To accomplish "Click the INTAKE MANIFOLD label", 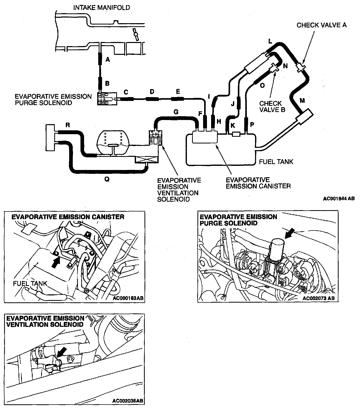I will pyautogui.click(x=102, y=7).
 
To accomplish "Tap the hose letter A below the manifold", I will pyautogui.click(x=108, y=60).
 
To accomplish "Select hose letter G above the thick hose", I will pyautogui.click(x=176, y=112).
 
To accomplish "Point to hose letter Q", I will pyautogui.click(x=107, y=180).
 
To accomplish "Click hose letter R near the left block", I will pyautogui.click(x=68, y=125).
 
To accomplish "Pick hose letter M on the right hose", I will pyautogui.click(x=302, y=101).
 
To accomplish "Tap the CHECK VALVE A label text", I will pyautogui.click(x=321, y=25).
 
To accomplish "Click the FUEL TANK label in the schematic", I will pyautogui.click(x=276, y=162).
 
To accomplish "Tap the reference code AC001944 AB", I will pyautogui.click(x=339, y=199).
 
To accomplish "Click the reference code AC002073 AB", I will pyautogui.click(x=319, y=298).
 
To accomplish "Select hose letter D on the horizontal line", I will pyautogui.click(x=152, y=92).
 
